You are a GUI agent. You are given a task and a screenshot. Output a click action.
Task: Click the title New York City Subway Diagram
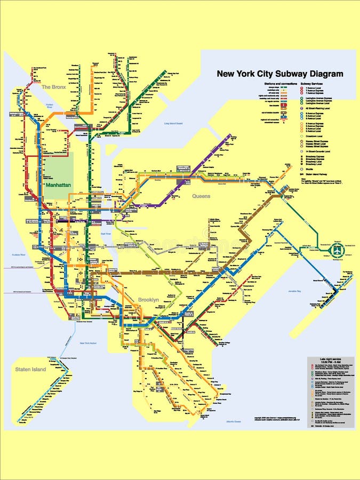279,74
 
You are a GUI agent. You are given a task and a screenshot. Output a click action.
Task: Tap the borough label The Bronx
53,86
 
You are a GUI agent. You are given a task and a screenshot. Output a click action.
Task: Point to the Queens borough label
201,196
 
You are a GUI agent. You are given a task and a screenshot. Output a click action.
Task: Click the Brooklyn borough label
148,300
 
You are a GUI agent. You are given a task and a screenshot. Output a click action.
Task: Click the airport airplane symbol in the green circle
337,250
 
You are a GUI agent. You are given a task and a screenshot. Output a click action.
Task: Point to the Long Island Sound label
173,124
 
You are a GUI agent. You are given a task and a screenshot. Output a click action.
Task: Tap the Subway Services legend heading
314,84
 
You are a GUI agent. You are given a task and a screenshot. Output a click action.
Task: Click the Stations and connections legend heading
278,84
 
